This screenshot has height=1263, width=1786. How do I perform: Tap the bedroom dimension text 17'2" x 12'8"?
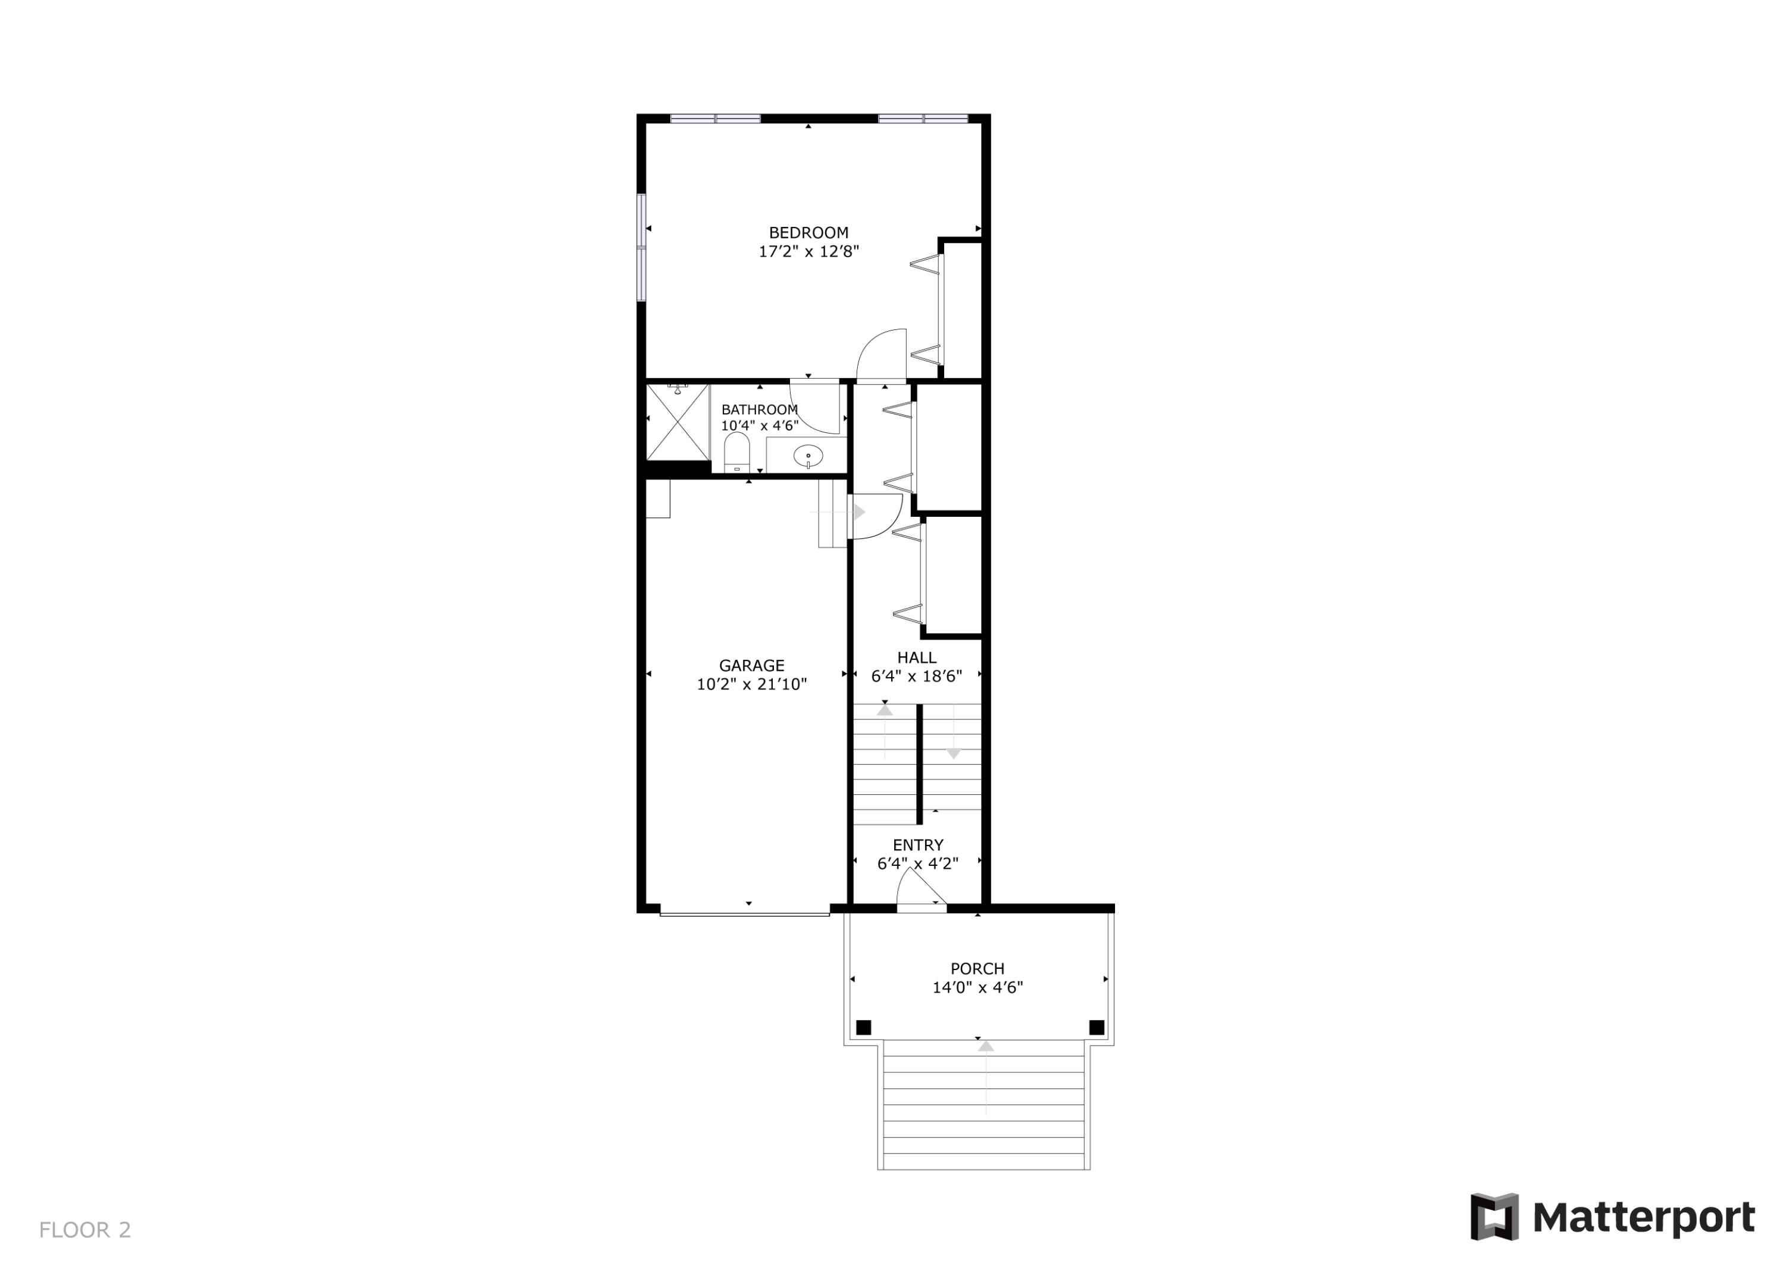(808, 252)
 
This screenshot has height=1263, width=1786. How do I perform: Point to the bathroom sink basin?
(808, 456)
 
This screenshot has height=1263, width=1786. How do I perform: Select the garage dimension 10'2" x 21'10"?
(751, 685)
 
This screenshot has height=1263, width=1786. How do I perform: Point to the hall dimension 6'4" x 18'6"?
(916, 677)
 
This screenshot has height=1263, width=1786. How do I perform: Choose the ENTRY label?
(918, 845)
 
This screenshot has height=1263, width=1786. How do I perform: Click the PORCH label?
(977, 969)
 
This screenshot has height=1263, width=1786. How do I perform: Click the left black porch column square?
(863, 1028)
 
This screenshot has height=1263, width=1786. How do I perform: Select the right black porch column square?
(1097, 1028)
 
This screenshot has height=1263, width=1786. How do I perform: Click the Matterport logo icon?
(1494, 1217)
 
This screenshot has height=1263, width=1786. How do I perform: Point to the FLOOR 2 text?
(85, 1230)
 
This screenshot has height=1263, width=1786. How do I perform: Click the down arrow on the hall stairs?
(954, 753)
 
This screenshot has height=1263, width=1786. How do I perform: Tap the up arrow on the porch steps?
(985, 1047)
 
